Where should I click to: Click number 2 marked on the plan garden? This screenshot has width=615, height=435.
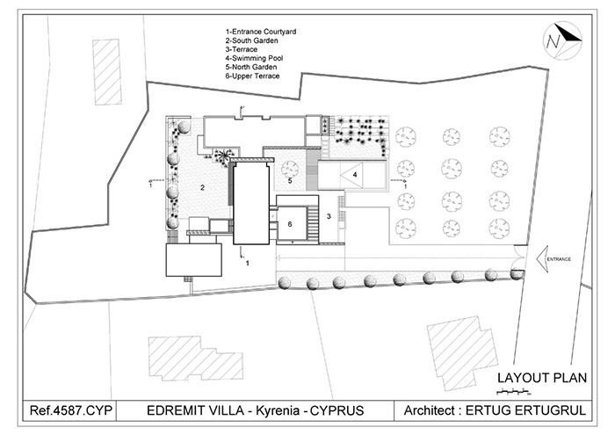tap(201, 187)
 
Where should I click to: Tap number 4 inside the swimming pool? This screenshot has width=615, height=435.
tap(355, 175)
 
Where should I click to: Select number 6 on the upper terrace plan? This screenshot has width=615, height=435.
tap(290, 223)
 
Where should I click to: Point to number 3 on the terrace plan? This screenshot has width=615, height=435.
tap(329, 215)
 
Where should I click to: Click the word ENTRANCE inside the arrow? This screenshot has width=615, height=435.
tap(559, 260)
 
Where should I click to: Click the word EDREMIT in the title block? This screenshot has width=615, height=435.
tap(176, 411)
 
